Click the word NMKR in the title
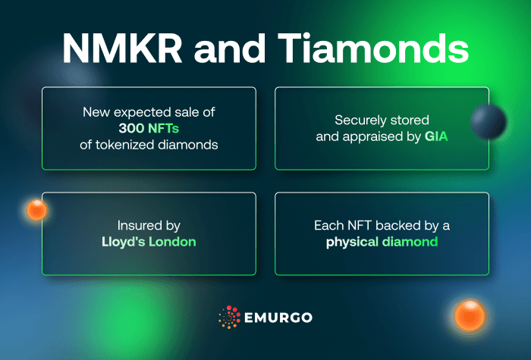(121, 48)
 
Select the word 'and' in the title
(235, 48)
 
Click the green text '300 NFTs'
(149, 127)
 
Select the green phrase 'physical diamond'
(382, 242)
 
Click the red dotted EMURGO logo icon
(229, 318)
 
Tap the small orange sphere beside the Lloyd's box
(37, 210)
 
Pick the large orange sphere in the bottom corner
(470, 314)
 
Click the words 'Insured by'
(149, 225)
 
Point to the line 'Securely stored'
(382, 120)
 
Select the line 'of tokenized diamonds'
(149, 143)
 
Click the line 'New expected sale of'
(149, 111)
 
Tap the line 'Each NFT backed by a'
(382, 226)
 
